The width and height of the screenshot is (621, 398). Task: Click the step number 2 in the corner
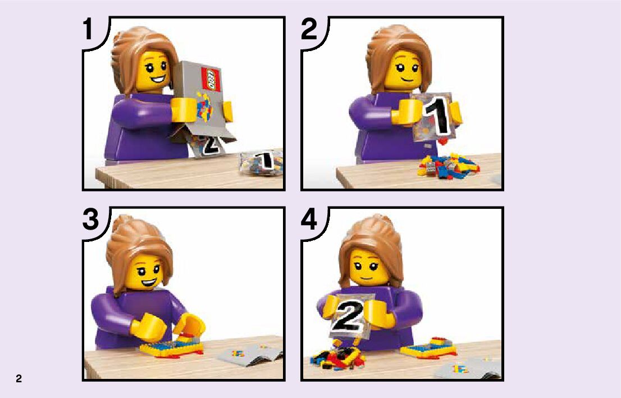point(309,29)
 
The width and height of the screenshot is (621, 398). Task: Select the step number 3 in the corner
point(91,219)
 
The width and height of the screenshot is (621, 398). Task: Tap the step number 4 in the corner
point(309,219)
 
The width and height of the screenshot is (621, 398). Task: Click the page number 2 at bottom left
point(19,378)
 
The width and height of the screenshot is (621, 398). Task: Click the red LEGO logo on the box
point(211,80)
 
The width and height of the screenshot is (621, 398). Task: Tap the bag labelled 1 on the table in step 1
point(262,162)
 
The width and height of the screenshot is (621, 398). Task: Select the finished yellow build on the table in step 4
point(428,348)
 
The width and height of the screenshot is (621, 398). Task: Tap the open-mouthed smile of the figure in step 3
point(148,283)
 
